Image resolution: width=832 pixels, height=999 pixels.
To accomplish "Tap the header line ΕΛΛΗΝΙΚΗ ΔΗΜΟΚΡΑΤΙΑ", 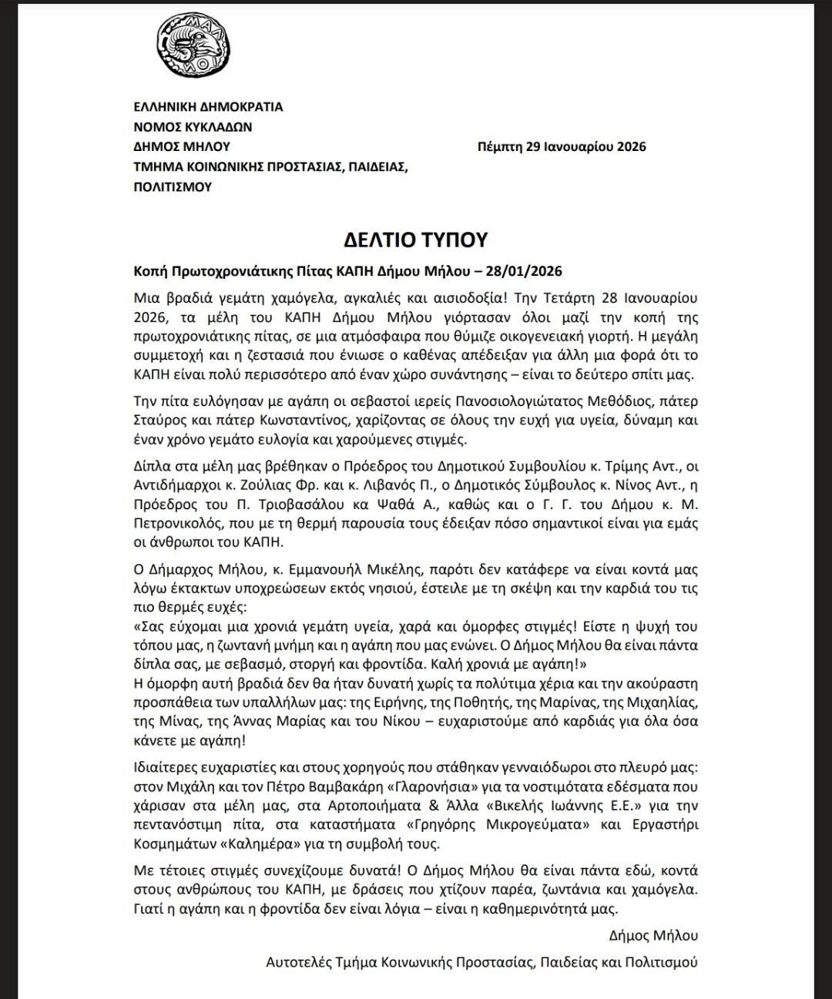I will pos(208,107).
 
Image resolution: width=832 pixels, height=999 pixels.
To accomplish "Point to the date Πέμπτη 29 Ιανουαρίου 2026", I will pos(562,147).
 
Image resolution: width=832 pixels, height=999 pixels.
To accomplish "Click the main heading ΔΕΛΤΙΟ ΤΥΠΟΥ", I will pos(416,240).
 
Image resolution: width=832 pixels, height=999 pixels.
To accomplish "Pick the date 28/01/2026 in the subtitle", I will pos(528,271).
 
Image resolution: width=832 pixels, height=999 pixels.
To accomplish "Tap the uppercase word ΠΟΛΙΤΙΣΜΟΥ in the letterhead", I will pos(173,187).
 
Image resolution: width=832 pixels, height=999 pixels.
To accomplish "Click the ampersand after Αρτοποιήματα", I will pos(448,806).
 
